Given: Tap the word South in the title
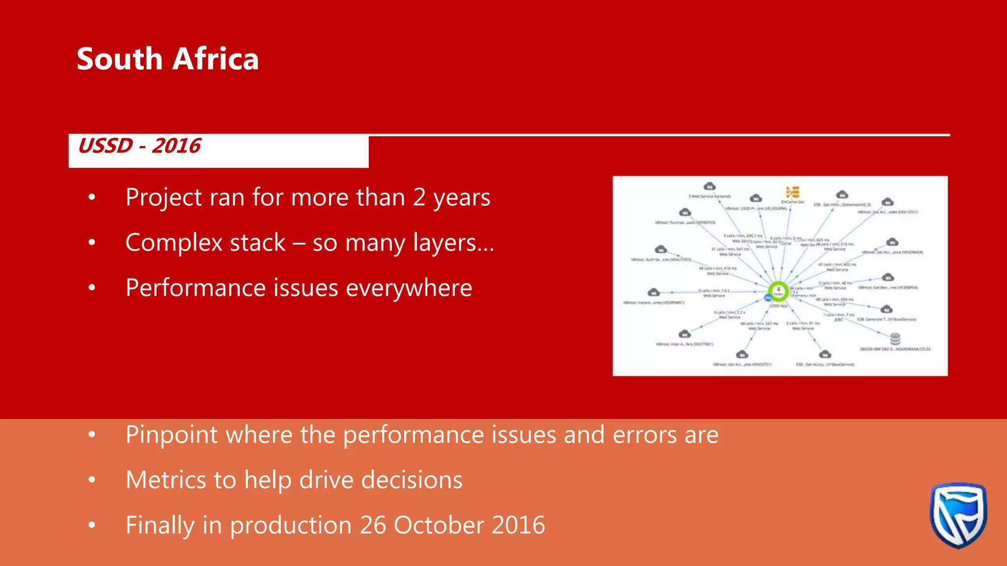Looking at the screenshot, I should coord(119,59).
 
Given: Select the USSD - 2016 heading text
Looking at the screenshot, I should coord(140,146).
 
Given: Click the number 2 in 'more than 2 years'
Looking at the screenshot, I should coord(419,198).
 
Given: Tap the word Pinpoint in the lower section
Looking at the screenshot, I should coord(171,435).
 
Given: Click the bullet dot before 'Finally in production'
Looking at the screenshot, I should coord(92,525).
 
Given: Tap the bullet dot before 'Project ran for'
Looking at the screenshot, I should coord(92,198).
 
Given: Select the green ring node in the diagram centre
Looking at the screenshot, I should coord(778,291).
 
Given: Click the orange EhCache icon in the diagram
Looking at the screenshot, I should coord(793,192).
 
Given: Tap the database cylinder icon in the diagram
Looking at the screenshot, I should coord(895,339).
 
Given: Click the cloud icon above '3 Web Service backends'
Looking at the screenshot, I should coord(710,186).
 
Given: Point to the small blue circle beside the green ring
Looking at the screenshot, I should coord(768,298).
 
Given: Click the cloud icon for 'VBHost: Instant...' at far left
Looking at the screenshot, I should coord(653,293).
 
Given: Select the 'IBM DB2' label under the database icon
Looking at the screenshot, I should coord(895,349).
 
